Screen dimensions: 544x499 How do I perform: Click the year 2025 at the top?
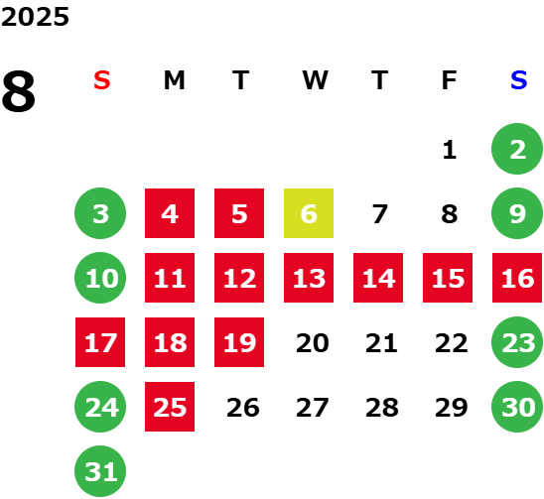pyautogui.click(x=35, y=17)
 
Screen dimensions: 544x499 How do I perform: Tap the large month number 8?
pyautogui.click(x=19, y=91)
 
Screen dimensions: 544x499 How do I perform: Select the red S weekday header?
pyautogui.click(x=102, y=80)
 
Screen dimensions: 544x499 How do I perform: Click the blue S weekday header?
pyautogui.click(x=518, y=80)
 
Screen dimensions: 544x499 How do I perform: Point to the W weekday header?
pyautogui.click(x=315, y=80)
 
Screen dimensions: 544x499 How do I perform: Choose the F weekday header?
pyautogui.click(x=449, y=80)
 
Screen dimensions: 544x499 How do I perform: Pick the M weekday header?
pyautogui.click(x=174, y=80)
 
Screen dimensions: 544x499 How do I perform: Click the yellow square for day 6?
pyautogui.click(x=309, y=213)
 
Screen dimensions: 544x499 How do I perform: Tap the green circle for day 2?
pyautogui.click(x=517, y=149)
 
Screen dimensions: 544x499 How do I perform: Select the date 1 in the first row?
pyautogui.click(x=450, y=150)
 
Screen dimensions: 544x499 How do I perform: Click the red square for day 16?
pyautogui.click(x=517, y=278)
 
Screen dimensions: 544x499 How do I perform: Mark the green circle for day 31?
pyautogui.click(x=100, y=471)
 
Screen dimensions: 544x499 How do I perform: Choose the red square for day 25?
pyautogui.click(x=170, y=407)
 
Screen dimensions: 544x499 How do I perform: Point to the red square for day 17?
pyautogui.click(x=100, y=342)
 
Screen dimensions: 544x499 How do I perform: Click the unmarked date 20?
pyautogui.click(x=313, y=343)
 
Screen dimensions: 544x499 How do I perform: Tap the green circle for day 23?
pyautogui.click(x=517, y=342)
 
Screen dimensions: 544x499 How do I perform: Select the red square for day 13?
pyautogui.click(x=309, y=278)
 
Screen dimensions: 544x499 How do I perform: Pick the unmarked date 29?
pyautogui.click(x=451, y=408)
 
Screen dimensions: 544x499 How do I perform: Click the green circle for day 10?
pyautogui.click(x=100, y=278)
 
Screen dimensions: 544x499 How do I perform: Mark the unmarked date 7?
pyautogui.click(x=379, y=214)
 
